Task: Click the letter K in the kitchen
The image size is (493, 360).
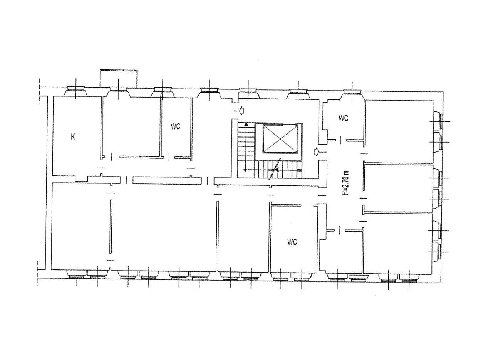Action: pyautogui.click(x=73, y=137)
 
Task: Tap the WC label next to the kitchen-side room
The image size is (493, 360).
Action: pyautogui.click(x=175, y=126)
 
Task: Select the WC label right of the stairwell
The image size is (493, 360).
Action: pyautogui.click(x=343, y=118)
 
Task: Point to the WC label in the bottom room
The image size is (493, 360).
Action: pyautogui.click(x=292, y=242)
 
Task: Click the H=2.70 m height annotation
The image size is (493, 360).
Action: pyautogui.click(x=346, y=183)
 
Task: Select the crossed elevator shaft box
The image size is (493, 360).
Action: pyautogui.click(x=280, y=139)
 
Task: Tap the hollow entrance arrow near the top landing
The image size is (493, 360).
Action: pyautogui.click(x=238, y=111)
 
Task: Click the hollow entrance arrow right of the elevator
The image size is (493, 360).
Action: pyautogui.click(x=320, y=152)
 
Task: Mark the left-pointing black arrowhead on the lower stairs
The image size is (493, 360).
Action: pyautogui.click(x=277, y=170)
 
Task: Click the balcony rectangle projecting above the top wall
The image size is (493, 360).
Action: pyautogui.click(x=119, y=78)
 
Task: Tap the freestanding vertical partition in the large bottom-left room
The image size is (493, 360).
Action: pyautogui.click(x=111, y=227)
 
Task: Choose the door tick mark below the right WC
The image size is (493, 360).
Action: pyautogui.click(x=340, y=140)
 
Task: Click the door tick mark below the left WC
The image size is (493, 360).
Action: pyautogui.click(x=169, y=157)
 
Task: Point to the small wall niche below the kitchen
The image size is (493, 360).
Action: pyautogui.click(x=81, y=179)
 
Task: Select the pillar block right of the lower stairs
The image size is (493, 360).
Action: pyautogui.click(x=323, y=174)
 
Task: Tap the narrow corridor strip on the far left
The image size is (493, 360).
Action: pyautogui.click(x=44, y=183)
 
